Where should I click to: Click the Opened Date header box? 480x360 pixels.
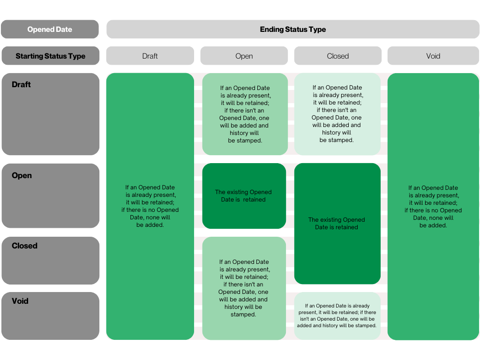point(50,30)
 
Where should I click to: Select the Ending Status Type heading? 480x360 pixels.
point(292,30)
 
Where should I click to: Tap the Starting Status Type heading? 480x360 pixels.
point(51,56)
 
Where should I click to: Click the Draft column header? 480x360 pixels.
point(150,56)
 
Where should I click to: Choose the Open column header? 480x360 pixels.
point(244,56)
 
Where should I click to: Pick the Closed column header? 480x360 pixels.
point(337,56)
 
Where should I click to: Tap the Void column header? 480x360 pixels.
point(433,56)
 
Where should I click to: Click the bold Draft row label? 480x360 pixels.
point(21,84)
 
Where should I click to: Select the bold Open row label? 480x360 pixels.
point(22,175)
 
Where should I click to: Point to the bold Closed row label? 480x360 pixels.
point(24,246)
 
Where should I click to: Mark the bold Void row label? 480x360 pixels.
point(20,301)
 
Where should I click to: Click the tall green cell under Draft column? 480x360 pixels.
point(150,206)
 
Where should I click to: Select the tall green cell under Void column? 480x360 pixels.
point(433,206)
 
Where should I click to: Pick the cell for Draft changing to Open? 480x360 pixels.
point(245,114)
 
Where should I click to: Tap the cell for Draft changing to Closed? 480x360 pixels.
point(337,114)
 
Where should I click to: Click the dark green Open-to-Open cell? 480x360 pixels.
point(244,196)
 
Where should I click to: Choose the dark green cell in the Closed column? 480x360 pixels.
point(337,224)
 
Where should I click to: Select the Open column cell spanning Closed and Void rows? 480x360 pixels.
point(244,288)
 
